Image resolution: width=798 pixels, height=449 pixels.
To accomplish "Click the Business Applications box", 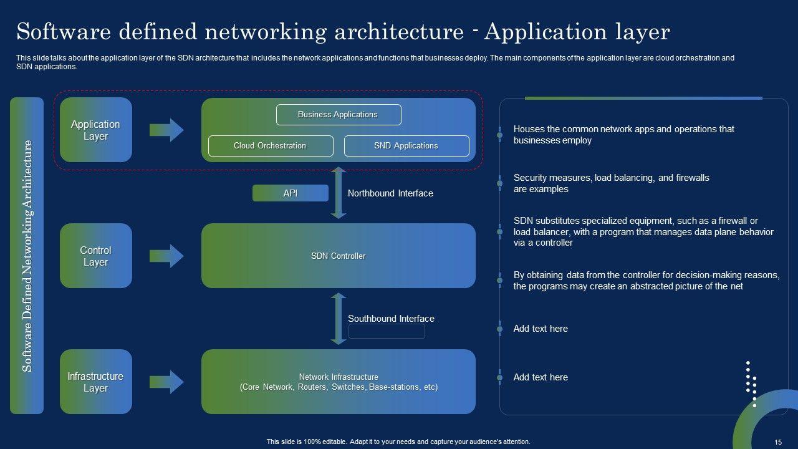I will (338, 115).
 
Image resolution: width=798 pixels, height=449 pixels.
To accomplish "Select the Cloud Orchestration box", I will (269, 146).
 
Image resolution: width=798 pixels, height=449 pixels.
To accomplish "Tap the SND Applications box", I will (406, 146).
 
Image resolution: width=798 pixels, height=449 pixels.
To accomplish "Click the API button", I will (290, 193).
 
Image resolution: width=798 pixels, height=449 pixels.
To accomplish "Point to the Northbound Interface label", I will (390, 193).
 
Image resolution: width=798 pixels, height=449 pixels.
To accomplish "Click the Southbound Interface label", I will (391, 319).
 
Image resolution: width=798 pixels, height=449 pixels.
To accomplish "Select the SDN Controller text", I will (338, 256).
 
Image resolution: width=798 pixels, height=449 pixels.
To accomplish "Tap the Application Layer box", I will (96, 130).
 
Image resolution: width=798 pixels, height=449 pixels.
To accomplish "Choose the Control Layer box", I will (96, 256).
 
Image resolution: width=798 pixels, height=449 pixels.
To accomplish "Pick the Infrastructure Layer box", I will (96, 382).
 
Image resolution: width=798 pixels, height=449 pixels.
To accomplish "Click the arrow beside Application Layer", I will (166, 130).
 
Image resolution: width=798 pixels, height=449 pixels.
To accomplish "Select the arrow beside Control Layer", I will (166, 256).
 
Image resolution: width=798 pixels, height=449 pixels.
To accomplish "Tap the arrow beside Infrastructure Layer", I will (166, 382).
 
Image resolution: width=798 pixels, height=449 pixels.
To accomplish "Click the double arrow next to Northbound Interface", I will (339, 193).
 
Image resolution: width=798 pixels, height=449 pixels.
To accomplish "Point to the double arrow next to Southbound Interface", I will (339, 319).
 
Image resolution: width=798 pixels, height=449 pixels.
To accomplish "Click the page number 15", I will (778, 442).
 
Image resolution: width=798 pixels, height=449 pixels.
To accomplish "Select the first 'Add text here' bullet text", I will (541, 329).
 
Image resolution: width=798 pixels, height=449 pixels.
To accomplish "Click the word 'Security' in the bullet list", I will (530, 178).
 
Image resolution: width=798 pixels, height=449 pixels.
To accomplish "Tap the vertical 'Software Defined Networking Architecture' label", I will (27, 256).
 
